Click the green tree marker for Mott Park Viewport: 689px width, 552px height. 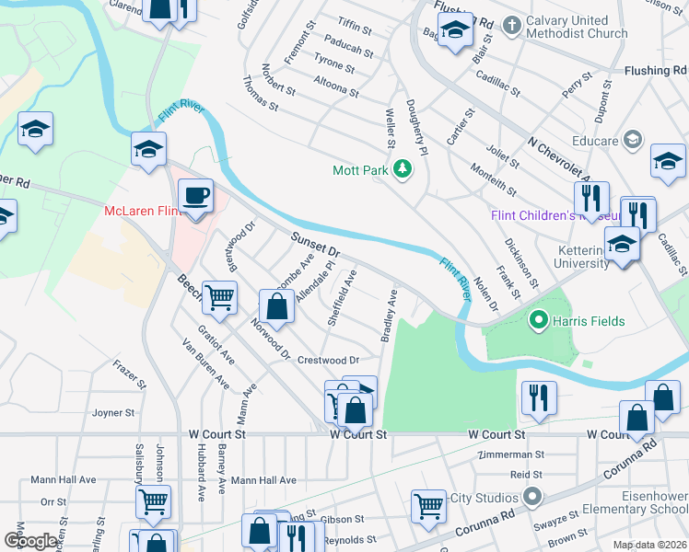(x=402, y=169)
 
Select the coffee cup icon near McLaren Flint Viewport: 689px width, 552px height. (x=195, y=197)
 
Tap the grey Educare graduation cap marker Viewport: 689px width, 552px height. (x=632, y=139)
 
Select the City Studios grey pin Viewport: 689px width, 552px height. (x=532, y=498)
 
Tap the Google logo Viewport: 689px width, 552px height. (x=29, y=541)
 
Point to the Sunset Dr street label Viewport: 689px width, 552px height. (x=316, y=245)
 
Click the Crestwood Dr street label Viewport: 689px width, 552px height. (x=327, y=360)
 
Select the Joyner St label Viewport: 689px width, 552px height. (x=113, y=413)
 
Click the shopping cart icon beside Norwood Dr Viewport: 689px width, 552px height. (x=220, y=297)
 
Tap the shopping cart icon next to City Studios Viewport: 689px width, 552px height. (x=428, y=504)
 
